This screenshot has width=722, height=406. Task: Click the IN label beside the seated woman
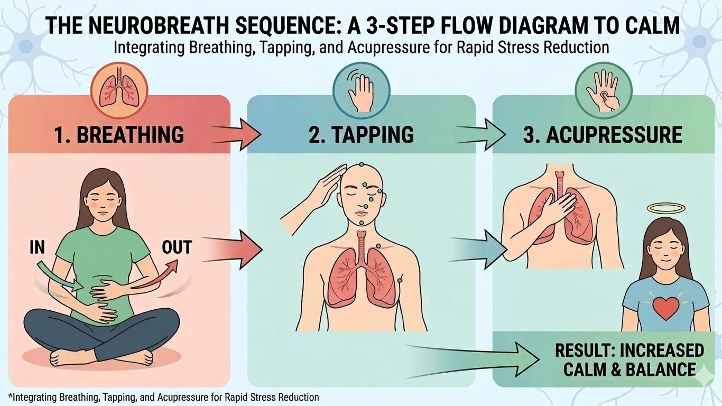[x=37, y=247]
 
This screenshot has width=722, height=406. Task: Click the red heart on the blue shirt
[x=665, y=308]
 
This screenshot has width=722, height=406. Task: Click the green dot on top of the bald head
[x=362, y=164]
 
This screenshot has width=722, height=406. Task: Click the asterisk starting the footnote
[x=10, y=396]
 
